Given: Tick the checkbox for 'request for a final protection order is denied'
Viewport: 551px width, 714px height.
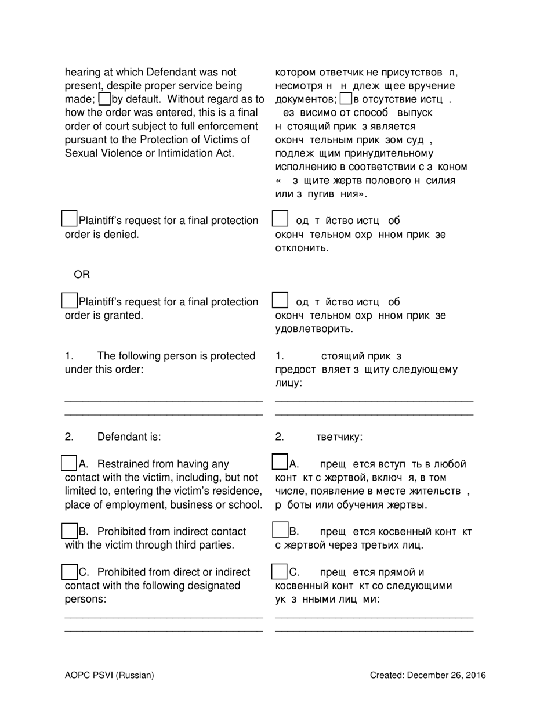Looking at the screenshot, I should [x=69, y=219].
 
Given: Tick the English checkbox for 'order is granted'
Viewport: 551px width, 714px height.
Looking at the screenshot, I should [x=69, y=300].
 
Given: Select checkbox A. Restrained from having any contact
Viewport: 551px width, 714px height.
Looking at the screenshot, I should [x=69, y=463].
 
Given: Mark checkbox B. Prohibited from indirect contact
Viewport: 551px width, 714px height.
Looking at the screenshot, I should [x=69, y=531].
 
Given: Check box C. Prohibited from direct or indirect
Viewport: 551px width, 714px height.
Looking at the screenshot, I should [x=69, y=571].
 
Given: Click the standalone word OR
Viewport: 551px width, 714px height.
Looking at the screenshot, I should [x=82, y=274].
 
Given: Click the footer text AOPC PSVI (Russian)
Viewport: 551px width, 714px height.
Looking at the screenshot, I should [x=110, y=675].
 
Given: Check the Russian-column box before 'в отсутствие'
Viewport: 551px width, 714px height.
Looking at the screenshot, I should [x=345, y=99].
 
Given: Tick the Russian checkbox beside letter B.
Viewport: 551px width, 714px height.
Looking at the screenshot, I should [x=280, y=531].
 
